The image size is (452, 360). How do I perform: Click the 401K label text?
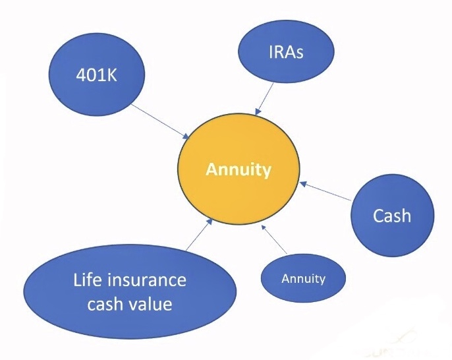(97, 76)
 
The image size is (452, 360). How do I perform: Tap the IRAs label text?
(286, 52)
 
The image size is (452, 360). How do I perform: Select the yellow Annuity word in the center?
(239, 169)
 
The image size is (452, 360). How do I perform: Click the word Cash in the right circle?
(392, 216)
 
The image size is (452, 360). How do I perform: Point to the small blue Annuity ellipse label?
(304, 279)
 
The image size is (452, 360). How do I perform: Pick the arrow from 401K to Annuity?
(161, 121)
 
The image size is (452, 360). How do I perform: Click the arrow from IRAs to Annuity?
(264, 99)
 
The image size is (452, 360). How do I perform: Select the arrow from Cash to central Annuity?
(325, 191)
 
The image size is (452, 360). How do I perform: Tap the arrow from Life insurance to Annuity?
(199, 235)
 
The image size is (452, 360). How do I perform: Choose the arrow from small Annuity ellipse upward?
(274, 239)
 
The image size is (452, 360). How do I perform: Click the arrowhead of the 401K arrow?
(187, 136)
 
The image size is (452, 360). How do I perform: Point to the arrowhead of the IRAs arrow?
(258, 112)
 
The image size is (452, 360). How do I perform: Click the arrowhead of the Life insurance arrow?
(210, 222)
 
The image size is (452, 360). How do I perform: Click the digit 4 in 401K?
(80, 76)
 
